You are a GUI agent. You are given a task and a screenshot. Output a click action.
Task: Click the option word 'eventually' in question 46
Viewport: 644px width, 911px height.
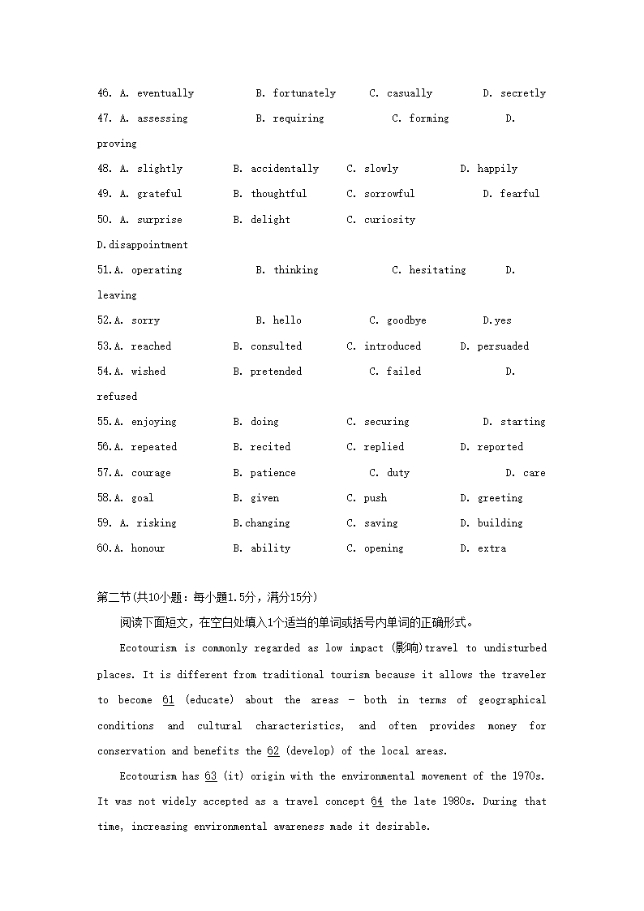coord(165,93)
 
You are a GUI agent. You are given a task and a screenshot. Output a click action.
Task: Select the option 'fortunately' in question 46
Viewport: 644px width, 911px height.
coord(304,93)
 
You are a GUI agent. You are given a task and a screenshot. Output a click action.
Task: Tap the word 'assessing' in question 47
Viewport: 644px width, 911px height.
coord(162,118)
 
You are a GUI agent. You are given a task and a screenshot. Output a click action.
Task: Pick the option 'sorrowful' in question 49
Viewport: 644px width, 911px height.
coord(389,194)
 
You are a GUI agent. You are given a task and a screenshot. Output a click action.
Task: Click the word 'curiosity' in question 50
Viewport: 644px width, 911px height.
coord(389,220)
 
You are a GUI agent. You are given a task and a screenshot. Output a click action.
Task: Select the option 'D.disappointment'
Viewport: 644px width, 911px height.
coord(143,245)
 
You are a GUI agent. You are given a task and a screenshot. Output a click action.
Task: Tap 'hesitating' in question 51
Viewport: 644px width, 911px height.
coord(437,270)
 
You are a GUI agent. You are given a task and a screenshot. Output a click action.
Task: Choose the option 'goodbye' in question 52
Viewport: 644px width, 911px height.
coord(406,320)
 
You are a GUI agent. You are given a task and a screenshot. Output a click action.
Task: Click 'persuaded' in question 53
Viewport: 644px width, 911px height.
coord(503,346)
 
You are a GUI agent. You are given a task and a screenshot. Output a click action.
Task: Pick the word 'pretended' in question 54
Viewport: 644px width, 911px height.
coord(276,372)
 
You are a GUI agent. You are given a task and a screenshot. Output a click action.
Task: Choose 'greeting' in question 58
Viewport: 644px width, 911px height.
coord(500,498)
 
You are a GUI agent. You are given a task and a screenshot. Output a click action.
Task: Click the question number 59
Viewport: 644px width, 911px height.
coord(104,523)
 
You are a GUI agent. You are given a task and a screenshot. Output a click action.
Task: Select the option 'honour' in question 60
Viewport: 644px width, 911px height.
coord(148,548)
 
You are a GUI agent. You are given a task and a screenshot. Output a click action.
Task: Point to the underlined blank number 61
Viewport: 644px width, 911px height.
coord(169,700)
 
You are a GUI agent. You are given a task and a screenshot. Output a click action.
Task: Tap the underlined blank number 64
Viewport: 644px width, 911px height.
coord(377,801)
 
